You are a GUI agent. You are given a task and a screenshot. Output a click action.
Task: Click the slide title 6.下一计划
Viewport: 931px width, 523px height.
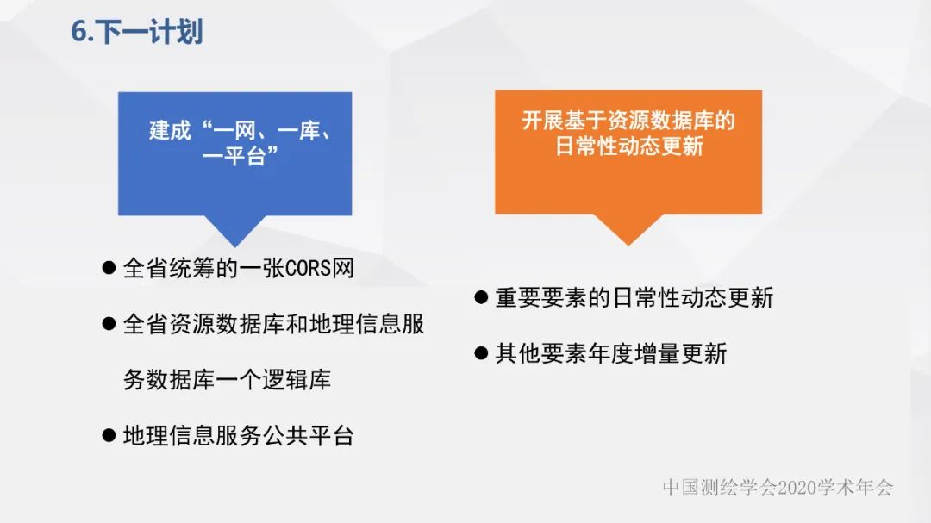click(136, 32)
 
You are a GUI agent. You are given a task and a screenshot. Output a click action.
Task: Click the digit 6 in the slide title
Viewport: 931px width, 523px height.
click(78, 32)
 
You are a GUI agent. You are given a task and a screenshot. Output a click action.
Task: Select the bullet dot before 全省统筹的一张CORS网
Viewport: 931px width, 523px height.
click(109, 268)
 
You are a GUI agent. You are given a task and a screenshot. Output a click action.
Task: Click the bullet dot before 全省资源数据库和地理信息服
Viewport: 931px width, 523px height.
click(109, 324)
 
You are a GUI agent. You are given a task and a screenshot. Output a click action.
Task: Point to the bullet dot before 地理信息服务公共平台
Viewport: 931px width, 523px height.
click(109, 435)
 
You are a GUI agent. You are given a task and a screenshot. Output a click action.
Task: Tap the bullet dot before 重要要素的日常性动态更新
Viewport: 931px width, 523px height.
click(481, 298)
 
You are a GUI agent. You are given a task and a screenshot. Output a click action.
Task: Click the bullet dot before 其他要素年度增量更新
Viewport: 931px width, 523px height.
click(481, 352)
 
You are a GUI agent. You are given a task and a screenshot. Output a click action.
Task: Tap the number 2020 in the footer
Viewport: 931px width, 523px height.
click(797, 488)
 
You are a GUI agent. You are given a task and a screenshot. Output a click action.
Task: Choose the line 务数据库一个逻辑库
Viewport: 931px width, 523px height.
click(227, 380)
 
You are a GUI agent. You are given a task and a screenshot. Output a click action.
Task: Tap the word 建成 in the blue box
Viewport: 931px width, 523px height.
click(170, 131)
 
